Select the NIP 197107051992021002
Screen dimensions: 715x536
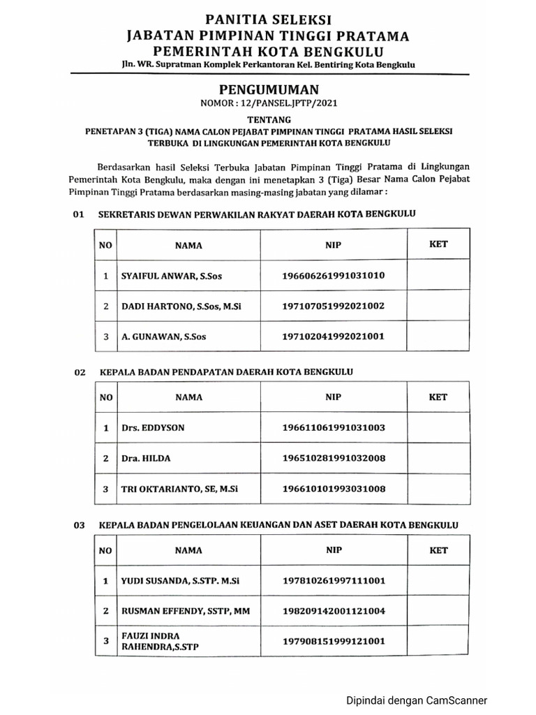pyautogui.click(x=333, y=306)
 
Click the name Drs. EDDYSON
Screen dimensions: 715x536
pyautogui.click(x=153, y=427)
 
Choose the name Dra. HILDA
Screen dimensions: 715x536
pyautogui.click(x=146, y=458)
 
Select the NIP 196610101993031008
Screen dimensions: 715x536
pyautogui.click(x=334, y=489)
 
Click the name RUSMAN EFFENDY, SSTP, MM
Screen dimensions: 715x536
pyautogui.click(x=185, y=611)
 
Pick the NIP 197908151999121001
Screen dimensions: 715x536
pyautogui.click(x=334, y=641)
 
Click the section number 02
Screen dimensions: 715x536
pyautogui.click(x=79, y=373)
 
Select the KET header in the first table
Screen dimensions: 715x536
pyautogui.click(x=438, y=244)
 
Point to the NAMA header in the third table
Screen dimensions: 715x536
pyautogui.click(x=188, y=550)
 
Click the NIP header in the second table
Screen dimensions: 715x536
pyautogui.click(x=333, y=397)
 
